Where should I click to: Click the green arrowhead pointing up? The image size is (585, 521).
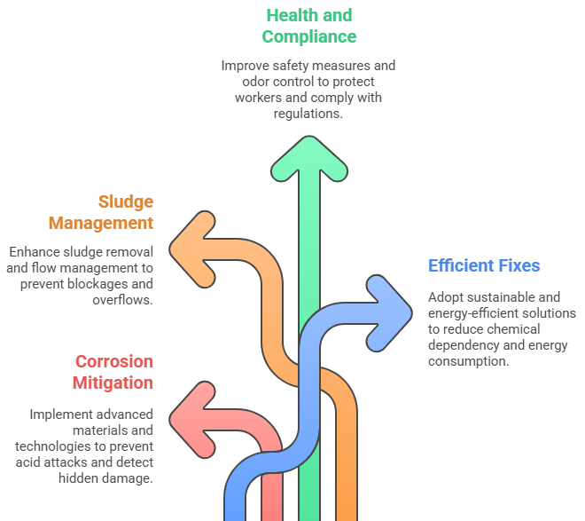309,159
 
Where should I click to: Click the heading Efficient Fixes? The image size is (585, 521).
484,265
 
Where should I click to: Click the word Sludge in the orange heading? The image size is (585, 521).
126,201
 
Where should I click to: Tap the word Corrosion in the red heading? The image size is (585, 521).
114,361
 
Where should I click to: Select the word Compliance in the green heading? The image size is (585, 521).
309,36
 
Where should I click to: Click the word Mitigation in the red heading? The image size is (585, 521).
113,383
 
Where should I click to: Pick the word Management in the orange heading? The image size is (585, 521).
101,223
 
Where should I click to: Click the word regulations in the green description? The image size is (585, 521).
308,114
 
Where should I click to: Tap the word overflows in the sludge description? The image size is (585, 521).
122,300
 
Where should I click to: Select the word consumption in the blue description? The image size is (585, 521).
468,361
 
